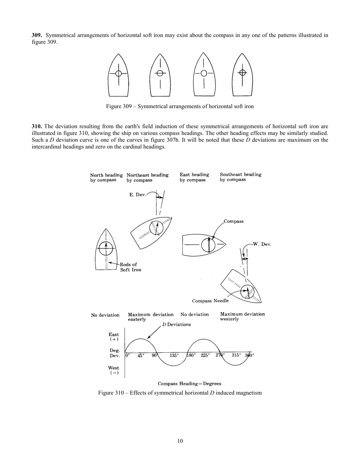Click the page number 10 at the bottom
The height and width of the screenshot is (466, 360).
coord(180,441)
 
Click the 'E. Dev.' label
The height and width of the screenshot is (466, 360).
coord(137,195)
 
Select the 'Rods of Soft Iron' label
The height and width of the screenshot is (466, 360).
coord(129,267)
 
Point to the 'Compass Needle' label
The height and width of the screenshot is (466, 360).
coord(210,301)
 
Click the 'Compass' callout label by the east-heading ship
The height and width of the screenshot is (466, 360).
coord(233,221)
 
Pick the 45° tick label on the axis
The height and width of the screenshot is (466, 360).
coord(141,356)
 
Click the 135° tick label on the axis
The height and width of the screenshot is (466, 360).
coord(174,356)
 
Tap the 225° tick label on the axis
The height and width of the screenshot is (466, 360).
coord(205,356)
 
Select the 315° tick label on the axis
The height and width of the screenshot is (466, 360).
coord(236,356)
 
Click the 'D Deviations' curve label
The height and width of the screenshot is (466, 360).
coord(176,325)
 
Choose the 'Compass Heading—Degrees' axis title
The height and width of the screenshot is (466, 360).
coord(189,383)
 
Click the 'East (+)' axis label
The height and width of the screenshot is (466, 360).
coord(114,337)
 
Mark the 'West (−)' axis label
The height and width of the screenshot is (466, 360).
coord(114,370)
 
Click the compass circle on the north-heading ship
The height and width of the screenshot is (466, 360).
coord(106,249)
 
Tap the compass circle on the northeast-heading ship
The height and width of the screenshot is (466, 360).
coord(156,227)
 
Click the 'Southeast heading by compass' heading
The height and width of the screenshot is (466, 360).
coord(240,177)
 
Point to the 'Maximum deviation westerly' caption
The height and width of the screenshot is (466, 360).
coord(242,316)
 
